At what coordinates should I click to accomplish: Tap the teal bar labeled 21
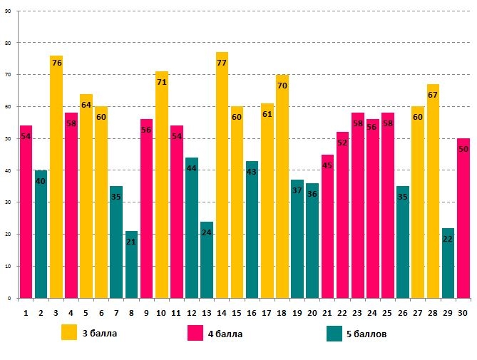pyautogui.click(x=131, y=264)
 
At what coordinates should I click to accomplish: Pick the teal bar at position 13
pyautogui.click(x=207, y=259)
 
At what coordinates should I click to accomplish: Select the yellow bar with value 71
pyautogui.click(x=161, y=185)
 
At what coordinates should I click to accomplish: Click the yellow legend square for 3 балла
pyautogui.click(x=69, y=332)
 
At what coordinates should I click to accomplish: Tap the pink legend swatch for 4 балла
pyautogui.click(x=195, y=332)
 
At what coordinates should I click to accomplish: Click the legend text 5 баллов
pyautogui.click(x=366, y=333)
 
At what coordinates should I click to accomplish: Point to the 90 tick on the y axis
pyautogui.click(x=8, y=11)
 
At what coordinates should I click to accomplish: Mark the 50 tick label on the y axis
pyautogui.click(x=8, y=138)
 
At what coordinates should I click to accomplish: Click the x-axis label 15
pyautogui.click(x=237, y=313)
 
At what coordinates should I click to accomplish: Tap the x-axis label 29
pyautogui.click(x=448, y=313)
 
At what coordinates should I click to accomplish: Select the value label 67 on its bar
pyautogui.click(x=433, y=96)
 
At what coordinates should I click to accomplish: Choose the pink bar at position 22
pyautogui.click(x=342, y=215)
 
